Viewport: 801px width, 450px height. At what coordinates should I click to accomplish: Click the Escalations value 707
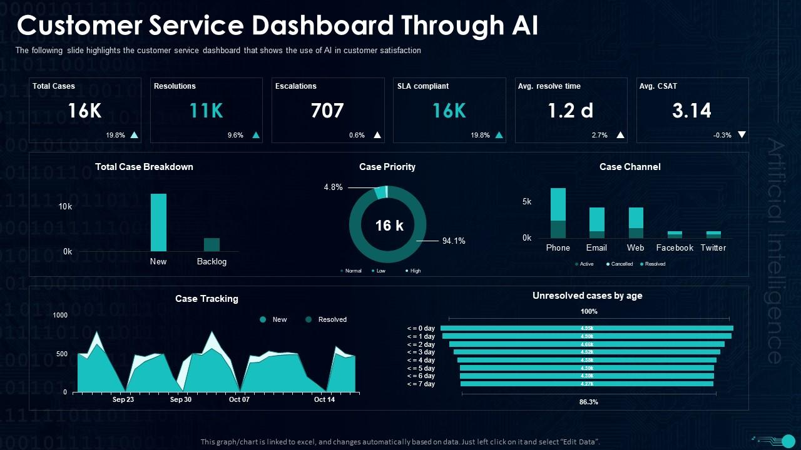(x=327, y=111)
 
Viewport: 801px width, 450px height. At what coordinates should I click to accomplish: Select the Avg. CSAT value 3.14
(x=691, y=111)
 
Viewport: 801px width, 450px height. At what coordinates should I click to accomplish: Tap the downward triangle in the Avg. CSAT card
(x=742, y=134)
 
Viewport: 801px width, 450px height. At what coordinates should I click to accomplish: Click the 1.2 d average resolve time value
(x=570, y=111)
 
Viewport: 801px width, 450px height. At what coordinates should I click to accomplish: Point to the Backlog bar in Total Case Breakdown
(x=212, y=244)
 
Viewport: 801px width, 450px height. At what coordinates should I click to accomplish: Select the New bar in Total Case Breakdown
(x=158, y=222)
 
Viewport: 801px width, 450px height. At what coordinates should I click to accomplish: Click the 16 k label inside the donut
(x=389, y=226)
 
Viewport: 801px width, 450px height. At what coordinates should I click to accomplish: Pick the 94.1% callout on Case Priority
(x=454, y=241)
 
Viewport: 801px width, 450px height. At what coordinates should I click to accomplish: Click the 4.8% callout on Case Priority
(x=333, y=187)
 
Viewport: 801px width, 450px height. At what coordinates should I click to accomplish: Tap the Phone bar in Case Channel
(x=558, y=212)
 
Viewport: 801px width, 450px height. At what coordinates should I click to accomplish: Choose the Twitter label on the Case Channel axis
(x=713, y=247)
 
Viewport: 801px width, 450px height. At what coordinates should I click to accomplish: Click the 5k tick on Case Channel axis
(x=526, y=201)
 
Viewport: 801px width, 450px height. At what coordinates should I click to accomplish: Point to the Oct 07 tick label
(x=239, y=399)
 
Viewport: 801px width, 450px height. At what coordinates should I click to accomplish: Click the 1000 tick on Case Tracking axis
(x=60, y=315)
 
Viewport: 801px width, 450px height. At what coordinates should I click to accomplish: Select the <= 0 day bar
(x=586, y=328)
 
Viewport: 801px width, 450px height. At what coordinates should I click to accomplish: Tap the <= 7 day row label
(x=421, y=384)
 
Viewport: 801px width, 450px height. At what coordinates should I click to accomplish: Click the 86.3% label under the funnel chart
(x=588, y=402)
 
